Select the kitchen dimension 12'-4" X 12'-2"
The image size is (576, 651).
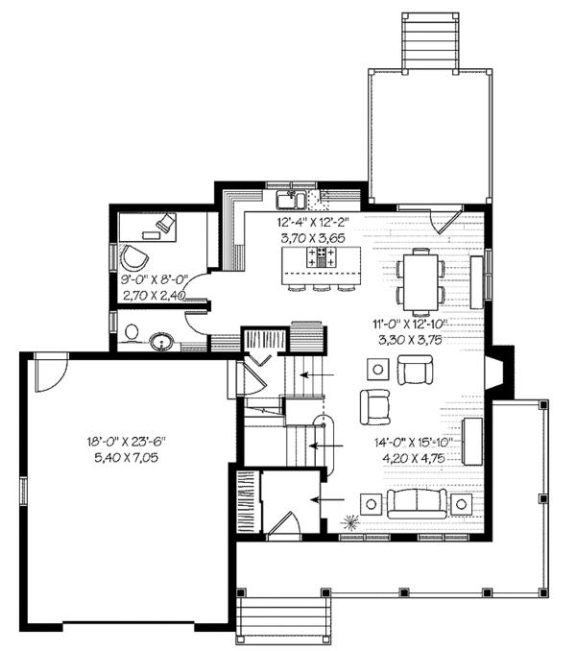click(x=313, y=220)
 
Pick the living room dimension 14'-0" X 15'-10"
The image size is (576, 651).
click(x=414, y=443)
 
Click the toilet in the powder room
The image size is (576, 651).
click(x=132, y=332)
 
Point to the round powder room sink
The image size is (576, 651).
click(x=161, y=339)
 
